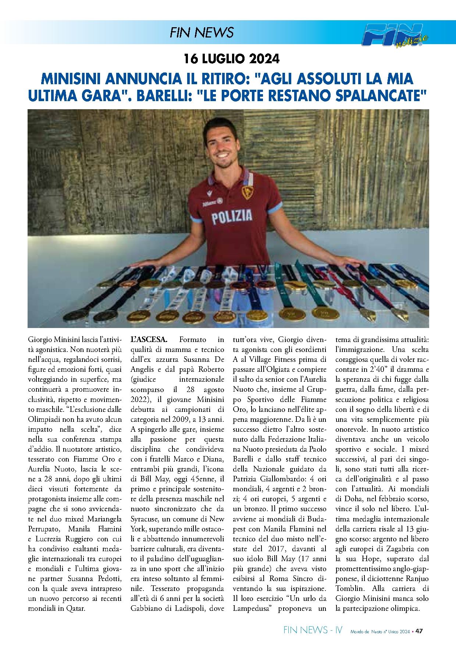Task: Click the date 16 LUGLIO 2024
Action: point(231,58)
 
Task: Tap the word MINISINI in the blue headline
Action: point(72,79)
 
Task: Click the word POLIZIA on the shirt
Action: point(232,217)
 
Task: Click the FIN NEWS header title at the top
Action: point(202,33)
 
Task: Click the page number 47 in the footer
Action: point(419,631)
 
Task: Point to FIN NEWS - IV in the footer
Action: point(313,630)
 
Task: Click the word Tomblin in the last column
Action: point(349,589)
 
